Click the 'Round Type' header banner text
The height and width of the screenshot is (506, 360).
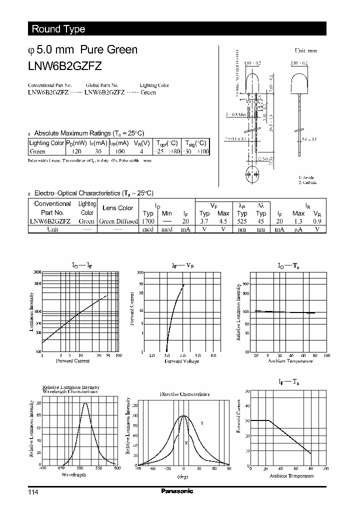click(58, 29)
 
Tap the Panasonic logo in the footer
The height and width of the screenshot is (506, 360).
click(176, 491)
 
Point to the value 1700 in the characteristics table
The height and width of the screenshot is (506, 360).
click(148, 220)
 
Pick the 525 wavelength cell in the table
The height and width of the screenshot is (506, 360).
click(242, 220)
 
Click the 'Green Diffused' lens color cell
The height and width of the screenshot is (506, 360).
click(118, 221)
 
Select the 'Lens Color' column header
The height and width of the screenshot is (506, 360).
click(118, 208)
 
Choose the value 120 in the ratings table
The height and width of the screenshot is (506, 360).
click(76, 151)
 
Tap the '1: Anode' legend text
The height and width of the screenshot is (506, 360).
click(306, 177)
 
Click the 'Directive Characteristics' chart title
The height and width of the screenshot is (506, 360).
click(184, 394)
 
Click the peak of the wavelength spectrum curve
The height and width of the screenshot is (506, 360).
click(84, 403)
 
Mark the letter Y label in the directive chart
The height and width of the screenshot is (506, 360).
click(201, 423)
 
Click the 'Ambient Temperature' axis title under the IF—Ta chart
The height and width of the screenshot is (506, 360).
click(291, 475)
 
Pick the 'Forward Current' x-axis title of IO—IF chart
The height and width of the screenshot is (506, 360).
click(73, 360)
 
